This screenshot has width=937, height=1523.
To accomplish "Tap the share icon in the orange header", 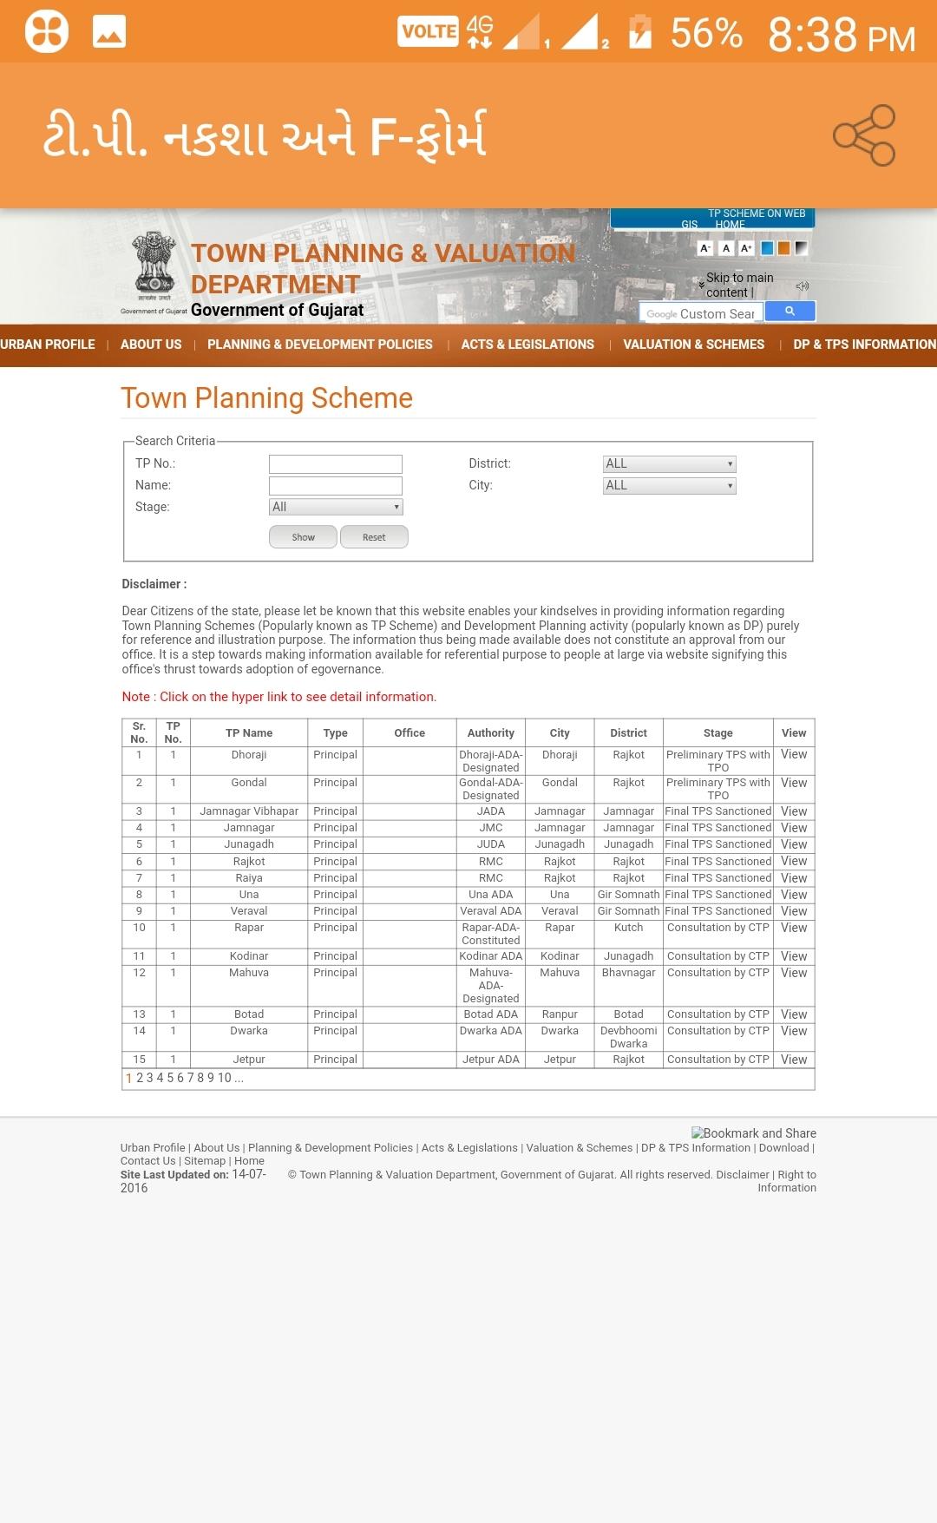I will pos(864,135).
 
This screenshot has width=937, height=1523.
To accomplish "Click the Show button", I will pos(303,537).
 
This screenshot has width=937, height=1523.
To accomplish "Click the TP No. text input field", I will pos(335,463).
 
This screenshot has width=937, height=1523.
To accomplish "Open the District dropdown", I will pos(669,463).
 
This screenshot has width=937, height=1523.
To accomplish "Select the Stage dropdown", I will pos(336,507).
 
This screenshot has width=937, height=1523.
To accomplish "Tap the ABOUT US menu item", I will pos(151,345).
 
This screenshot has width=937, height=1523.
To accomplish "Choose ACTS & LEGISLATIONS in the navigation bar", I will pos(527,345).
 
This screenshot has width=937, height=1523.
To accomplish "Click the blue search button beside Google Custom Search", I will pos(790,312).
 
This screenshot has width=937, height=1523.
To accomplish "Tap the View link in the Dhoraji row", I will pos(794,755).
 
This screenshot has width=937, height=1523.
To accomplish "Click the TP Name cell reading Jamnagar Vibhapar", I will pos(249,811).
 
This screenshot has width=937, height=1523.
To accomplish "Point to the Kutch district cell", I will pos(628,928).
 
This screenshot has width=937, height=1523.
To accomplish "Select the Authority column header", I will pos(491,733).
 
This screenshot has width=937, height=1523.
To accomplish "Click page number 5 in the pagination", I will pos(171,1078).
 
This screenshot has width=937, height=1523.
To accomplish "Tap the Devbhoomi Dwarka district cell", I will pos(628,1037).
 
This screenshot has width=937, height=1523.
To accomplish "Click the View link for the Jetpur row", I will pos(794,1060).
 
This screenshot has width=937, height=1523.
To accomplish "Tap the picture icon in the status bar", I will pos(109,32).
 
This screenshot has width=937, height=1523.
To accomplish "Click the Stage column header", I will pos(717,733).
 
